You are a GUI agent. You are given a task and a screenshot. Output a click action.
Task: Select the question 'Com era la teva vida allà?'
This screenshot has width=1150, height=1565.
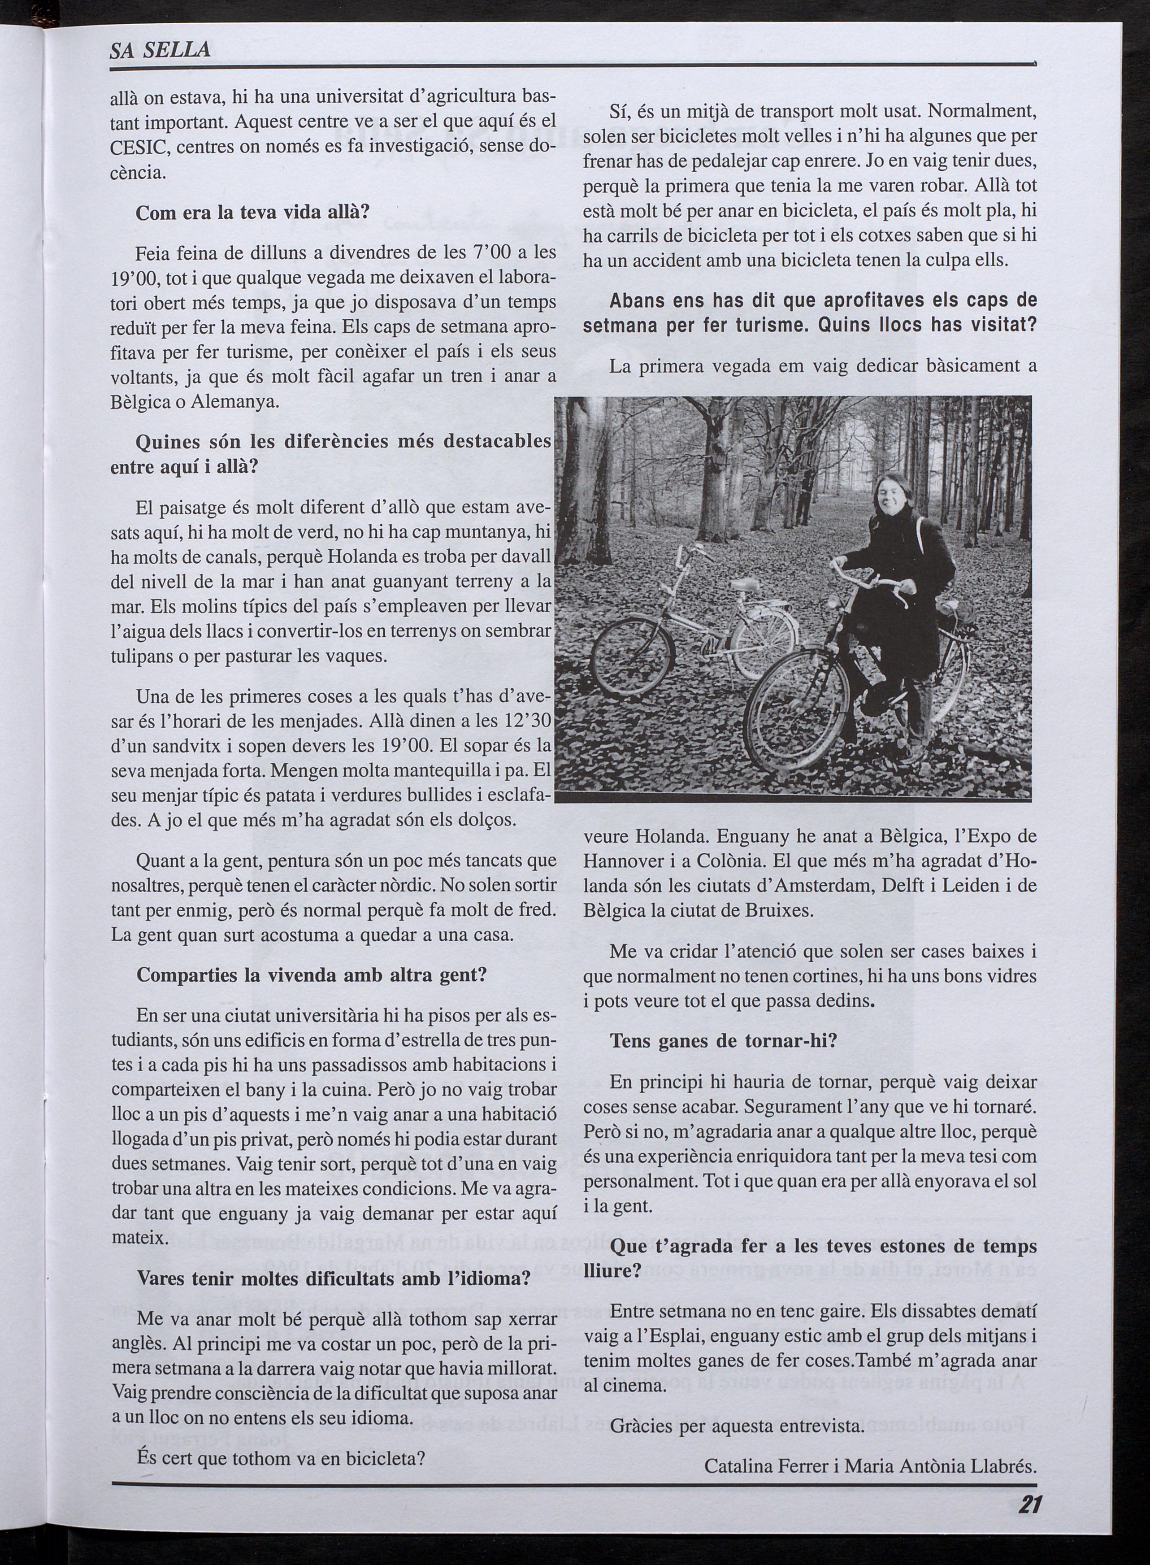pos(252,213)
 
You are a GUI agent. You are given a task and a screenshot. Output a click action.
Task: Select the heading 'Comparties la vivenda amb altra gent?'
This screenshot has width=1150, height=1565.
pos(311,974)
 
